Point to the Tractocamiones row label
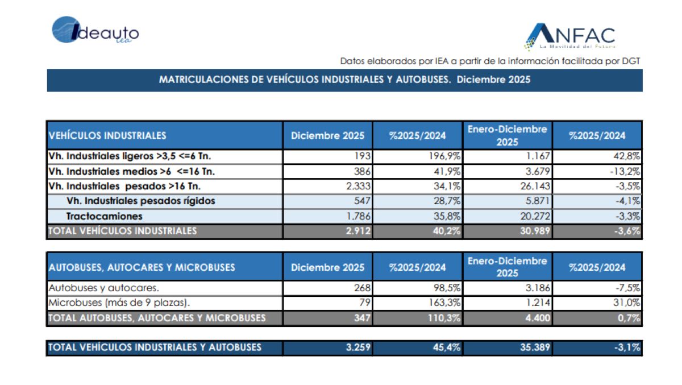(x=104, y=216)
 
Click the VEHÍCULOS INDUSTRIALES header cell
(x=108, y=135)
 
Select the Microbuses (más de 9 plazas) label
(x=119, y=303)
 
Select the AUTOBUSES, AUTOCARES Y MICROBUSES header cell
(x=142, y=267)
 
